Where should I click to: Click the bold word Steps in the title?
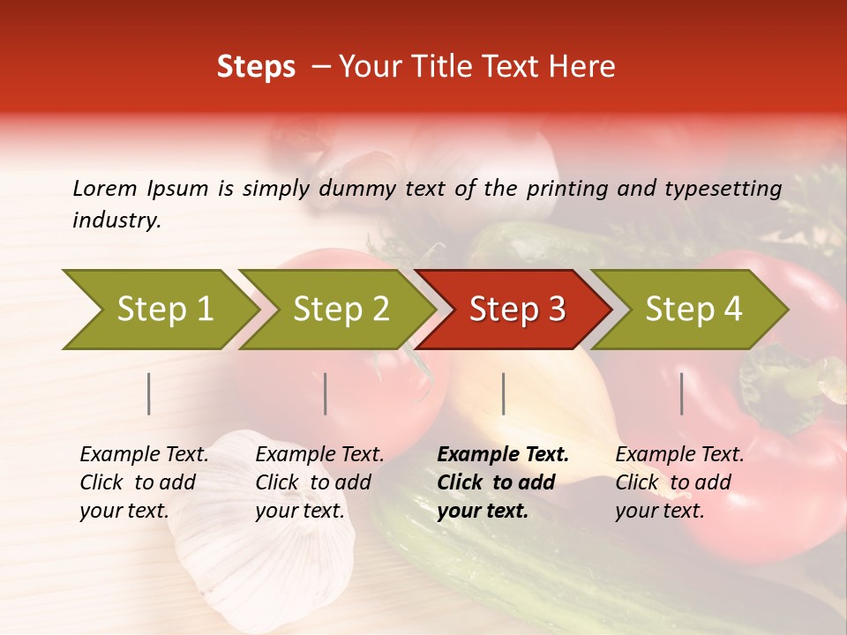pyautogui.click(x=256, y=67)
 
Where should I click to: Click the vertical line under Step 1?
pyautogui.click(x=149, y=393)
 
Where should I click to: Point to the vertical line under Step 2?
pyautogui.click(x=326, y=393)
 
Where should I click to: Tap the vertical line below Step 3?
pyautogui.click(x=503, y=393)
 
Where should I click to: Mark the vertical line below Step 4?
pyautogui.click(x=682, y=393)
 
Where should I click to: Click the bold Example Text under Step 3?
pyautogui.click(x=503, y=482)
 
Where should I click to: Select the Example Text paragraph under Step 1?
pyautogui.click(x=144, y=482)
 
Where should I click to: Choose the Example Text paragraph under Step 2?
pyautogui.click(x=319, y=482)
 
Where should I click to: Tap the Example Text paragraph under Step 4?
pyautogui.click(x=679, y=482)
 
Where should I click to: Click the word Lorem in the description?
pyautogui.click(x=105, y=188)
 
